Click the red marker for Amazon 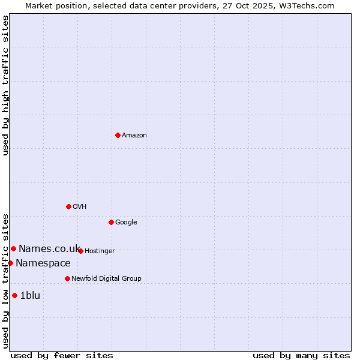coord(118,135)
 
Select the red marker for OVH coord(68,206)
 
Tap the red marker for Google coord(111,222)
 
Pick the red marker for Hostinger coord(80,251)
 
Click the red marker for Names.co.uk coord(13,248)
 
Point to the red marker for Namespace coord(10,263)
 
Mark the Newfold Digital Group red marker coord(67,278)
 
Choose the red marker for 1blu coord(14,295)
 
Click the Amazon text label coord(134,136)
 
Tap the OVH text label coord(80,207)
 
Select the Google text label coord(126,223)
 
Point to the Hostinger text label coord(100,251)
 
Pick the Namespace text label coord(43,263)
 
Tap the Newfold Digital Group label coord(107,279)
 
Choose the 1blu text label coord(30,295)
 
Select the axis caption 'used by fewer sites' coord(62,355)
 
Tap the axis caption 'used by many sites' coord(301,355)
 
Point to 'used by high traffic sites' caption coord(5,85)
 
